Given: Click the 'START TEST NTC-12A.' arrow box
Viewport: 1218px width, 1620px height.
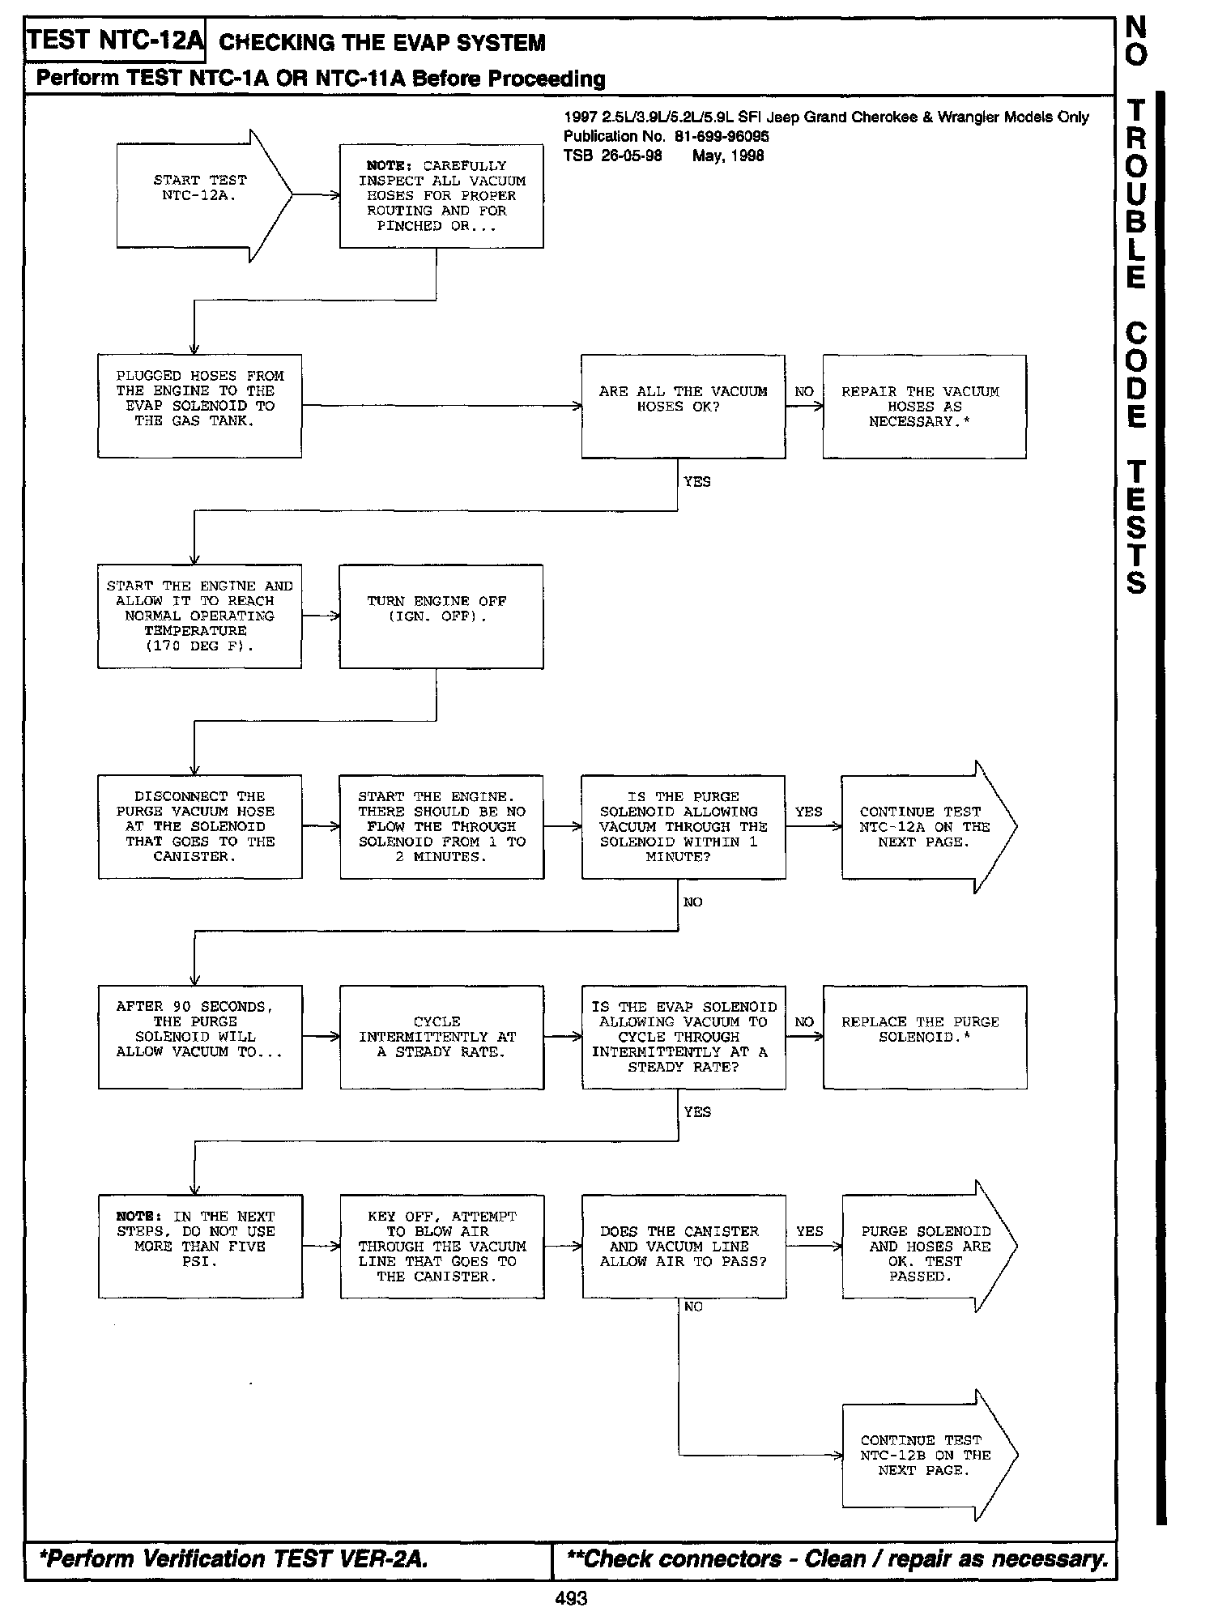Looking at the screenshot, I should (199, 195).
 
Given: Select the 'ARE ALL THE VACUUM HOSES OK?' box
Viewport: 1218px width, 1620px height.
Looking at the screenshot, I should (683, 406).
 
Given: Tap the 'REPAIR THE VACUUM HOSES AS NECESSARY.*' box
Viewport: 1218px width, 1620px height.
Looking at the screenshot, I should (924, 406).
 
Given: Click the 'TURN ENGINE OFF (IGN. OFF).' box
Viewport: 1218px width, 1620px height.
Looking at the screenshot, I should (441, 616).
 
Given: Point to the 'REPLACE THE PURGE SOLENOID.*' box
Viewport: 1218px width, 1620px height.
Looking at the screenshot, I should (924, 1037).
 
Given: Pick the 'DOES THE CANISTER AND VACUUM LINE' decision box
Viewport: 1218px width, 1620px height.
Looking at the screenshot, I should (684, 1246).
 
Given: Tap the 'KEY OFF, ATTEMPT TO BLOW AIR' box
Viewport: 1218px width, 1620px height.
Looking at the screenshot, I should (441, 1246).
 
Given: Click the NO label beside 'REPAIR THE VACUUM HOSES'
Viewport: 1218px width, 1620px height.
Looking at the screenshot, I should (803, 392).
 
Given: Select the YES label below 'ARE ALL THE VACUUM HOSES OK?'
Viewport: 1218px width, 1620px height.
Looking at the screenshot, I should (696, 482).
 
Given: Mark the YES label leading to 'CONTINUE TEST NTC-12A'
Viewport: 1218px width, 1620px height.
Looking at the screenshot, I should (808, 812).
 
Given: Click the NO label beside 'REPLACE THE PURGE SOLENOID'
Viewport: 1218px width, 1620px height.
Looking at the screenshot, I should (803, 1022).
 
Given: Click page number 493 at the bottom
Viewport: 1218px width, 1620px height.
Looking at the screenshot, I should (571, 1598).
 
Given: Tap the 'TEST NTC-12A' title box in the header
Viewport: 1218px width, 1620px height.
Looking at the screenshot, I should (114, 40).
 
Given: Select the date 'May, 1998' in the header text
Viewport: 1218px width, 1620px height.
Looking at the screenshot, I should (727, 156).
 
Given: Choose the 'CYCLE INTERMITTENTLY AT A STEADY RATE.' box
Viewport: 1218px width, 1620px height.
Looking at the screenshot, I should (441, 1037).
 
